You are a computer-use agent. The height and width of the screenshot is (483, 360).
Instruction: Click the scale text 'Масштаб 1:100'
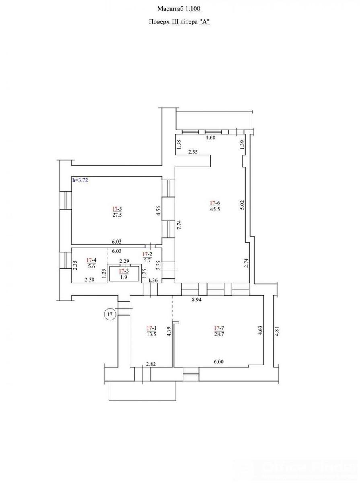click(x=179, y=9)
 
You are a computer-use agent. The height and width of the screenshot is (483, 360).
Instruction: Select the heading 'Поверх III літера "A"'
click(x=179, y=22)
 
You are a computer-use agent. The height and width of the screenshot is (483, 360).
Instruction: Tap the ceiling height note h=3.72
click(x=80, y=180)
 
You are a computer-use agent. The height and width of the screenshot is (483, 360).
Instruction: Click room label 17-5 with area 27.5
click(x=117, y=212)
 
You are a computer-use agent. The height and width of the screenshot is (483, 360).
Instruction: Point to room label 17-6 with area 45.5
click(x=215, y=206)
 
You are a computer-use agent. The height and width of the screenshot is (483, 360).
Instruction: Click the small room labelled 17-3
click(x=124, y=274)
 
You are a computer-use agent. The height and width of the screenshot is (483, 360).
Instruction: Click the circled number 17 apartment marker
click(x=109, y=314)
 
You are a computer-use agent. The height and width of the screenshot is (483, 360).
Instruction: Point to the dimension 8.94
click(x=197, y=300)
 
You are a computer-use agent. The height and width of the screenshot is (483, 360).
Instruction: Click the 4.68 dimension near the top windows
click(x=210, y=138)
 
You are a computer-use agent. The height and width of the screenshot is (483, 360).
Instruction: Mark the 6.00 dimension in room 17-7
click(x=218, y=361)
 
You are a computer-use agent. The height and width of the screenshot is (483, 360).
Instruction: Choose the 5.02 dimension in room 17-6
click(x=242, y=205)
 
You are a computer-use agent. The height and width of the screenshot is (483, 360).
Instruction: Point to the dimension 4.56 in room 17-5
click(x=158, y=211)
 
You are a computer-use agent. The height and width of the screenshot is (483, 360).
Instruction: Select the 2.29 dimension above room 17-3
click(x=124, y=261)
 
